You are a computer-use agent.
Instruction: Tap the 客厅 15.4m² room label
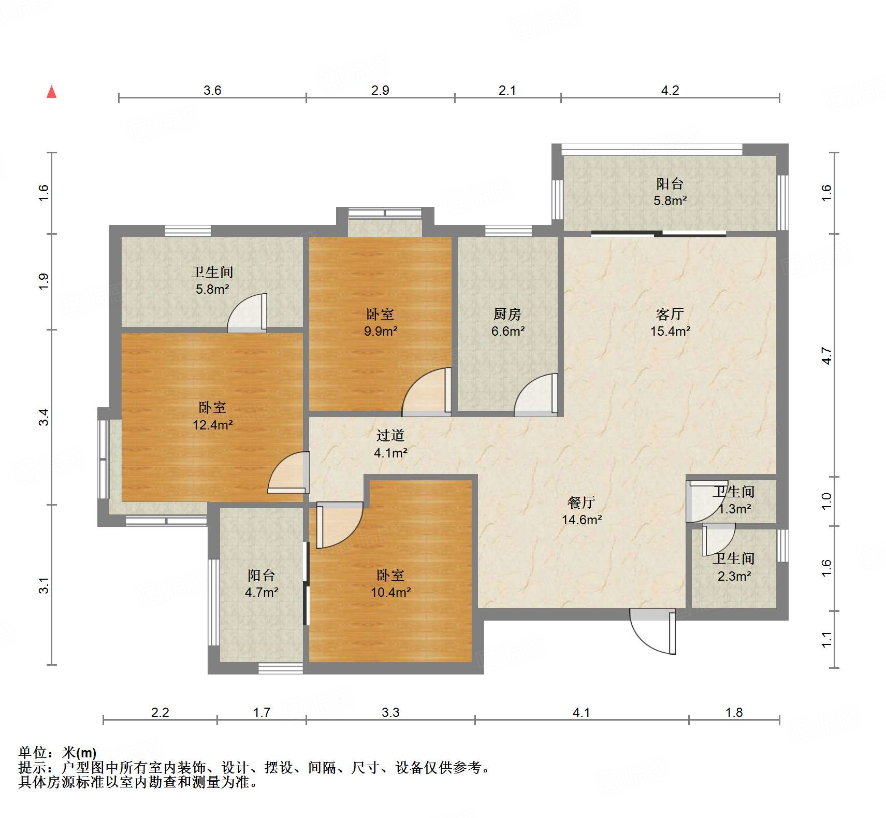pyautogui.click(x=670, y=322)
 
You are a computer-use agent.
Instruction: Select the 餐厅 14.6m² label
pyautogui.click(x=582, y=511)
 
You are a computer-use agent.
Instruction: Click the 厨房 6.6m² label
pyautogui.click(x=507, y=322)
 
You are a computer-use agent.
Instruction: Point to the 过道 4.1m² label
pyautogui.click(x=390, y=444)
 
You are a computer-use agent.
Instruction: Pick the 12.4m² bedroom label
pyautogui.click(x=212, y=416)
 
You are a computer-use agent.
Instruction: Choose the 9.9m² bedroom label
pyautogui.click(x=381, y=322)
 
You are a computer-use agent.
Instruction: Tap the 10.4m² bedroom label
pyautogui.click(x=390, y=583)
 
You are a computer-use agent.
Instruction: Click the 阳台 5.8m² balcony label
pyautogui.click(x=670, y=192)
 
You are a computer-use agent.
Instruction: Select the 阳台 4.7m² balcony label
pyautogui.click(x=262, y=583)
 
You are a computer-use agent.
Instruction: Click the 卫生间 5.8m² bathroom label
pyautogui.click(x=212, y=280)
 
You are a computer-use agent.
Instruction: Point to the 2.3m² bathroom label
pyautogui.click(x=734, y=567)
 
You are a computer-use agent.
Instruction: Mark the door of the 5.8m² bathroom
pyautogui.click(x=248, y=313)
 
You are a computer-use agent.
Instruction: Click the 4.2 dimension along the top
pyautogui.click(x=670, y=90)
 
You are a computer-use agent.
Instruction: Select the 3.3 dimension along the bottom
pyautogui.click(x=390, y=712)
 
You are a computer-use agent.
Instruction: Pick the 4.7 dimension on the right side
pyautogui.click(x=826, y=356)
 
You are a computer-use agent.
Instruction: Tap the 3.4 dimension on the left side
pyautogui.click(x=45, y=417)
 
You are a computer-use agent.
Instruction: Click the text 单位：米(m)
pyautogui.click(x=57, y=753)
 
